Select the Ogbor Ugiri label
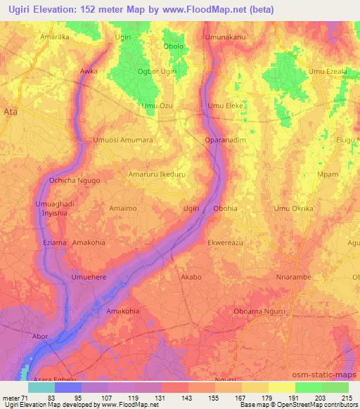[159, 72]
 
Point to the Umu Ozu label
[157, 105]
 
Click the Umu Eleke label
[225, 105]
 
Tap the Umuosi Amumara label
[123, 140]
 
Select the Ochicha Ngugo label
[75, 181]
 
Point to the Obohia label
[225, 209]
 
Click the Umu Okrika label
[293, 209]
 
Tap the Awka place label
[89, 72]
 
